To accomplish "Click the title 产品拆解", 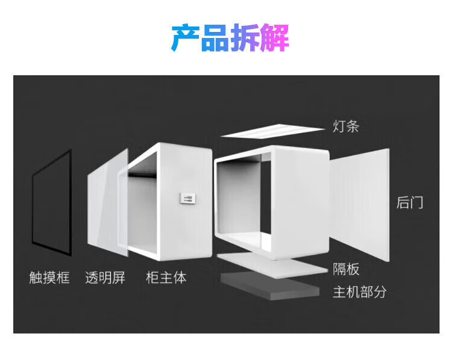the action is [230, 37].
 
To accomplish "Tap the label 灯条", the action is [347, 126].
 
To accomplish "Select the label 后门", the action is [410, 202].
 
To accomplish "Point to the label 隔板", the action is [346, 268].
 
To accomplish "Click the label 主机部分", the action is [359, 292].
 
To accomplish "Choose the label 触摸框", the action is [49, 278].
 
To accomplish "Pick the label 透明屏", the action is [105, 278].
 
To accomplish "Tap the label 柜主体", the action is [166, 278].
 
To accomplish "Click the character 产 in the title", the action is [185, 37].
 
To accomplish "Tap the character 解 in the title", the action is [275, 37].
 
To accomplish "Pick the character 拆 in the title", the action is [245, 37].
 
